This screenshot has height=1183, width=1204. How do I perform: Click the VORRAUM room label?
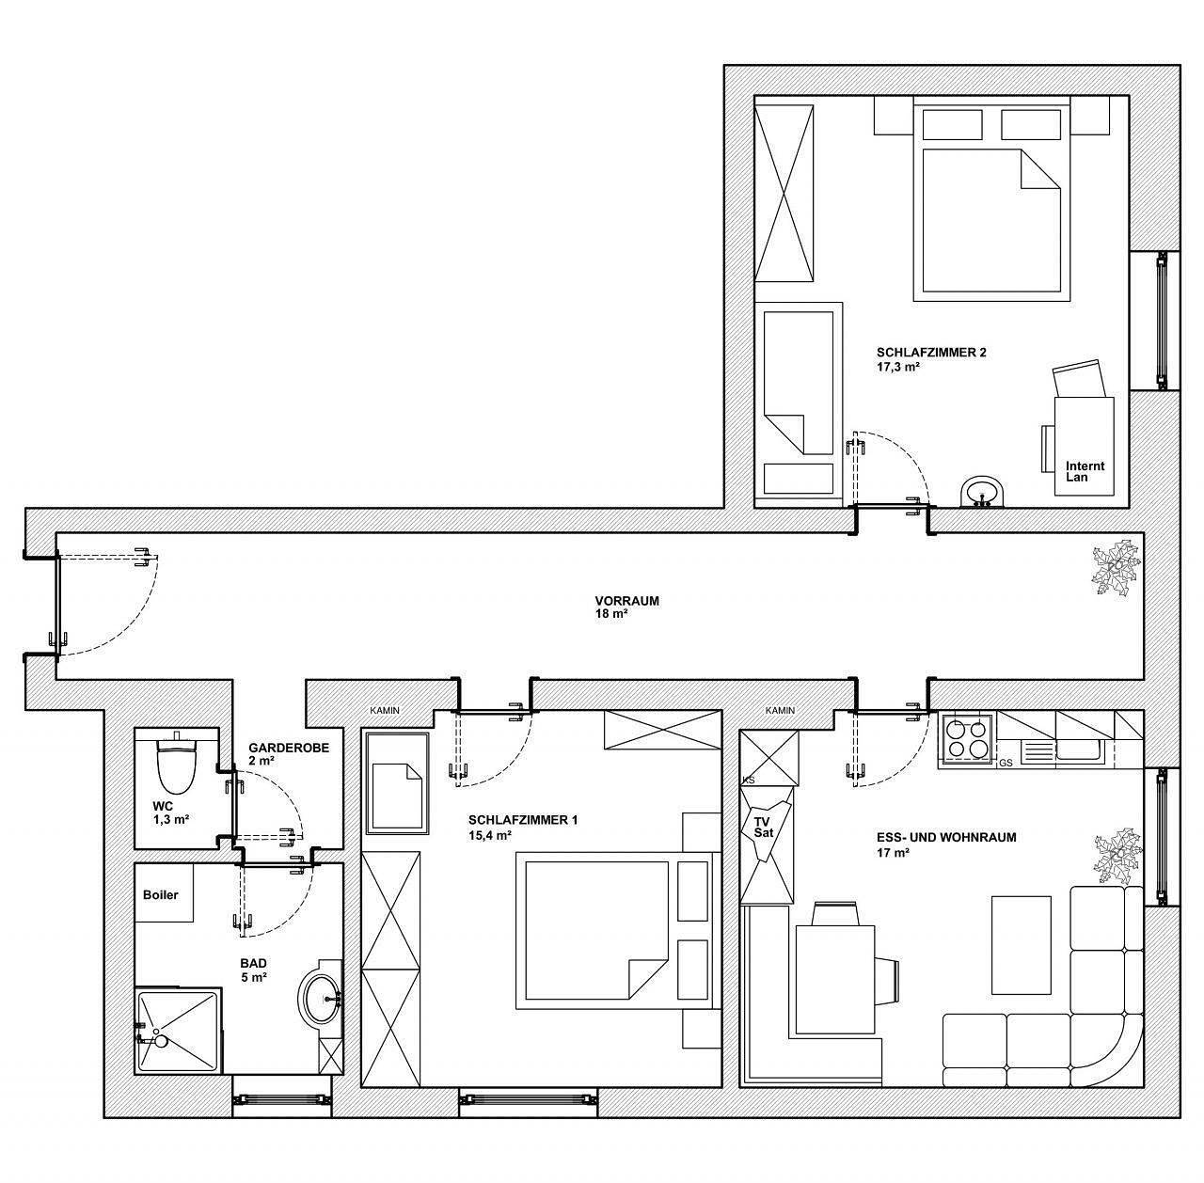(626, 601)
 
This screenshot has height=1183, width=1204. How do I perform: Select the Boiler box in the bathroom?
(162, 894)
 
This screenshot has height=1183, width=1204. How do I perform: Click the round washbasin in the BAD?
(323, 998)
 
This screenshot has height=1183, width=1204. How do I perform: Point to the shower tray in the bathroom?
(177, 1028)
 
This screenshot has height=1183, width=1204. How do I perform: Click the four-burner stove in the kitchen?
(967, 737)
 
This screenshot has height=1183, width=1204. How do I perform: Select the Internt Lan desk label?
(1085, 471)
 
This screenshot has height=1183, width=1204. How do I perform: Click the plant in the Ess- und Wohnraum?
(1117, 856)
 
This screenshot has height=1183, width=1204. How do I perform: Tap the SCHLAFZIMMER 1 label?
(522, 820)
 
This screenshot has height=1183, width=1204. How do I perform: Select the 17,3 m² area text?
(897, 368)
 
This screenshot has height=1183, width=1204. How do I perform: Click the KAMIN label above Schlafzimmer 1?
(385, 710)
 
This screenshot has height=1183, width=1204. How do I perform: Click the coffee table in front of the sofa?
(1022, 943)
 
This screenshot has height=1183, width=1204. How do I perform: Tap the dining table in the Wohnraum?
(835, 978)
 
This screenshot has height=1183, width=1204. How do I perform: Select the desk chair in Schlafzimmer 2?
(1077, 380)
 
